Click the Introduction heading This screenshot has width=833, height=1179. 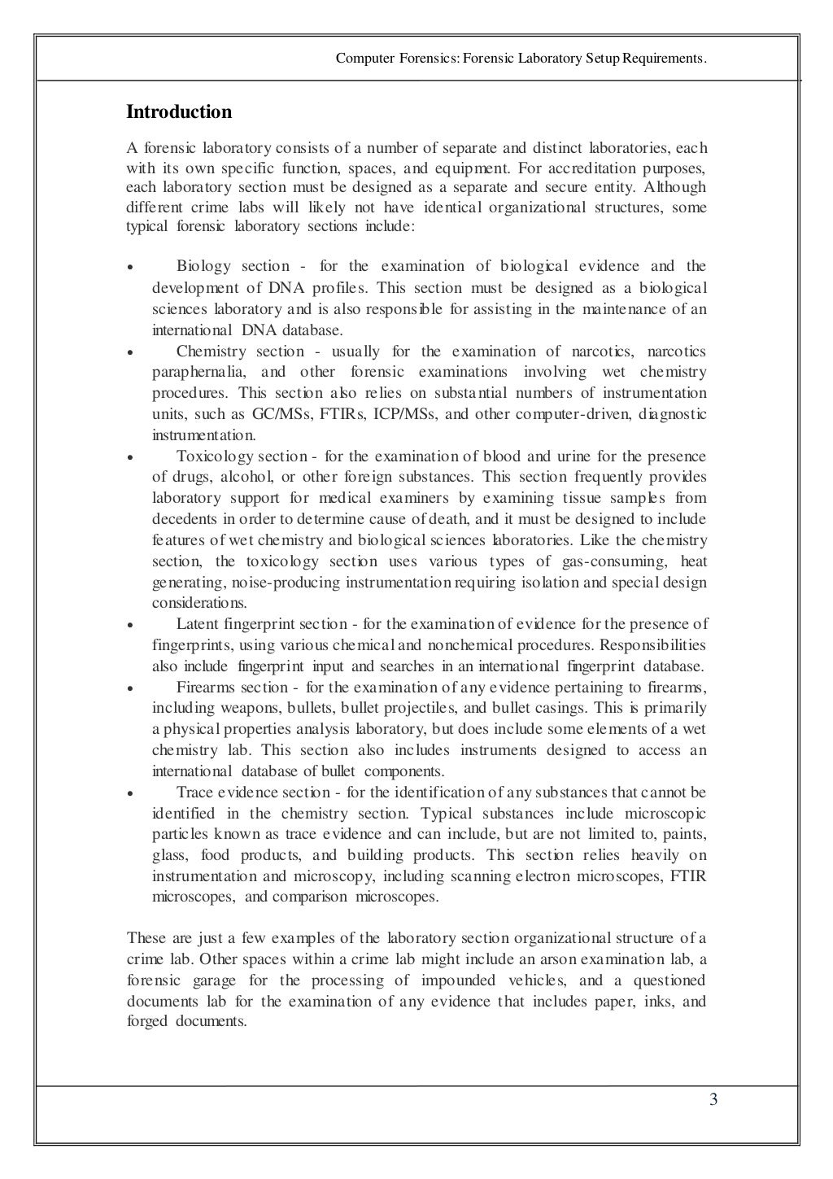tap(179, 112)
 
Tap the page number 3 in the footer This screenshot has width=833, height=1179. tap(713, 1101)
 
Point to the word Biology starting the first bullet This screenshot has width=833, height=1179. tap(203, 266)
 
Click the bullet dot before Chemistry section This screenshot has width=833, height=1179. tap(129, 353)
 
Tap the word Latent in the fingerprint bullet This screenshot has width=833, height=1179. tap(197, 624)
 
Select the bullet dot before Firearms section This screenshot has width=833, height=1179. tap(129, 688)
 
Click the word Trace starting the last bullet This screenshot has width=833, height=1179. tap(194, 792)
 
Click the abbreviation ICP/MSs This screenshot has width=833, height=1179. tap(405, 414)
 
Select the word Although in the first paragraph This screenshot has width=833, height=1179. tap(678, 187)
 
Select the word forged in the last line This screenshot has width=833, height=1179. tap(147, 1022)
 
